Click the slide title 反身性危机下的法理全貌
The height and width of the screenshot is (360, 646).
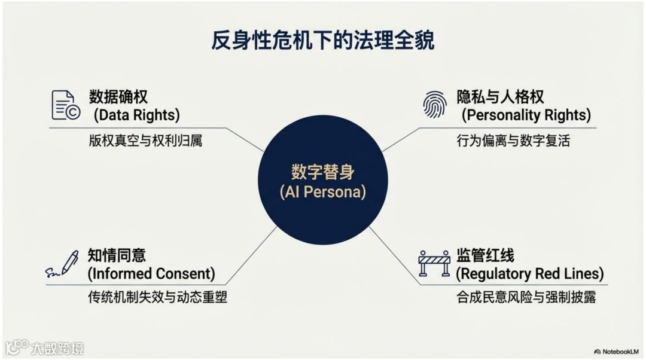tap(323, 41)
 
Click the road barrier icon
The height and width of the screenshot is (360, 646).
tap(434, 264)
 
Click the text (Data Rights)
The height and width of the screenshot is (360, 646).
tap(136, 114)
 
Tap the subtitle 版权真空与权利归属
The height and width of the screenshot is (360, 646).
tap(145, 141)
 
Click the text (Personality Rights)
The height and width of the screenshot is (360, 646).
tap(526, 114)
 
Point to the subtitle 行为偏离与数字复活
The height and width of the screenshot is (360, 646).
tap(513, 141)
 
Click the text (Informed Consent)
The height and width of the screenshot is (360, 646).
tap(151, 274)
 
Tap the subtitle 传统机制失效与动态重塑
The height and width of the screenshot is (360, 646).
tap(157, 297)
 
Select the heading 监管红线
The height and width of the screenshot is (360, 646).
tap(485, 255)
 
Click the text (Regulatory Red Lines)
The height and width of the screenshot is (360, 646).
tap(530, 274)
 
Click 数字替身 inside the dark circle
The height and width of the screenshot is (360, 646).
tap(323, 172)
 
